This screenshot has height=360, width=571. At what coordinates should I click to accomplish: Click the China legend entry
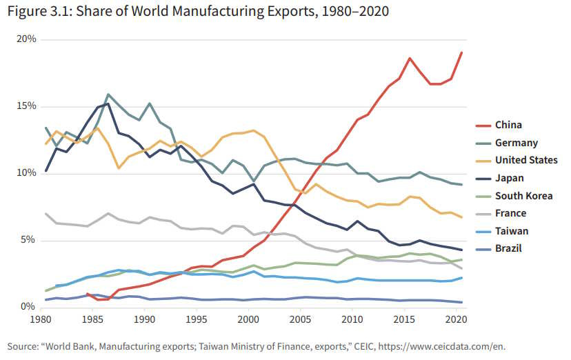pyautogui.click(x=508, y=125)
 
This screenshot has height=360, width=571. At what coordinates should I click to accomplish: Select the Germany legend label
pyautogui.click(x=515, y=143)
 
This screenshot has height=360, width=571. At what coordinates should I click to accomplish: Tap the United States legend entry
pyautogui.click(x=526, y=160)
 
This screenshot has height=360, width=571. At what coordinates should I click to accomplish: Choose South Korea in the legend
pyautogui.click(x=523, y=196)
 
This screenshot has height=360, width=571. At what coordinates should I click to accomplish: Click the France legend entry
pyautogui.click(x=510, y=213)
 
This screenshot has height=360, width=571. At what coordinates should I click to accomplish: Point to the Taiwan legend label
pyautogui.click(x=511, y=231)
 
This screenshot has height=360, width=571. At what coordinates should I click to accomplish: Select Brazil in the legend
pyautogui.click(x=509, y=248)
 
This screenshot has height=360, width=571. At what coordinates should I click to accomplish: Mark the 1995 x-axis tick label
pyautogui.click(x=195, y=320)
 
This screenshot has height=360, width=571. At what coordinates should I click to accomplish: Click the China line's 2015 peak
pyautogui.click(x=410, y=59)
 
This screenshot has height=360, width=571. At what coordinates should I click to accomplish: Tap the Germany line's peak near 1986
pyautogui.click(x=108, y=94)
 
